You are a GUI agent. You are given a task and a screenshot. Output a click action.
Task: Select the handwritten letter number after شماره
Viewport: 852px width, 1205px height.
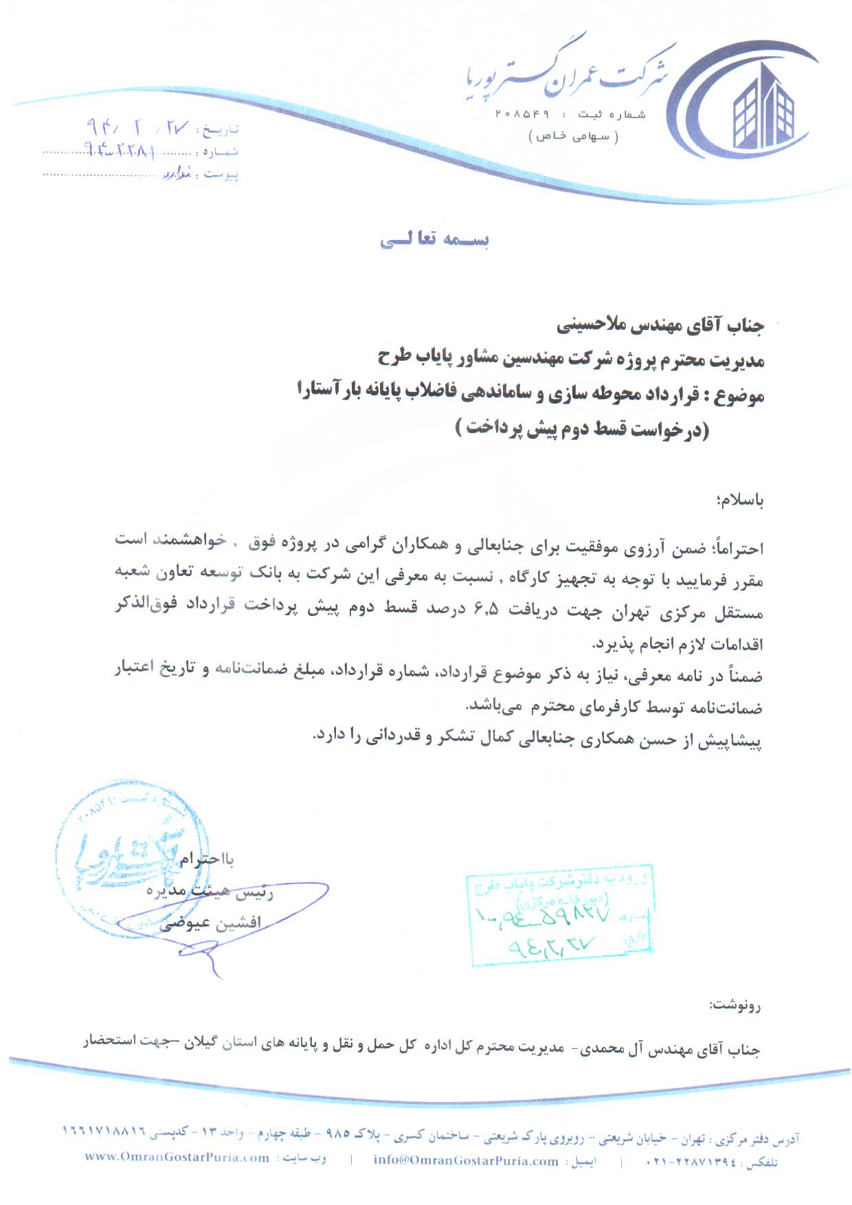click(x=120, y=151)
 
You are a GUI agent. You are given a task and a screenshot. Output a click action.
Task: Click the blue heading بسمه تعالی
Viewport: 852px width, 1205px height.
click(x=434, y=240)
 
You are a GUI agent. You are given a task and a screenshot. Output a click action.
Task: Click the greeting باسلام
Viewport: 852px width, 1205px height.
click(x=741, y=500)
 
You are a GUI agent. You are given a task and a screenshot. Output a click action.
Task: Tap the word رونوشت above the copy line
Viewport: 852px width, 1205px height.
click(x=736, y=1006)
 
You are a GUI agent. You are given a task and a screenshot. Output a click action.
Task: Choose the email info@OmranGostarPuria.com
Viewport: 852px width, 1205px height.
click(x=466, y=1160)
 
